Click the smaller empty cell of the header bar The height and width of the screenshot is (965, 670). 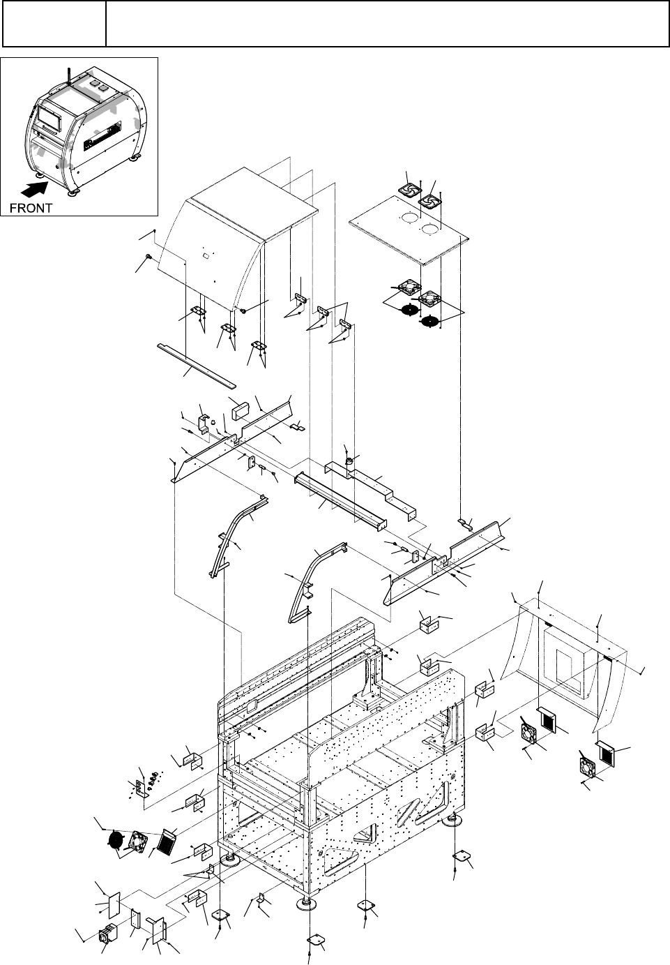point(54,24)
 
